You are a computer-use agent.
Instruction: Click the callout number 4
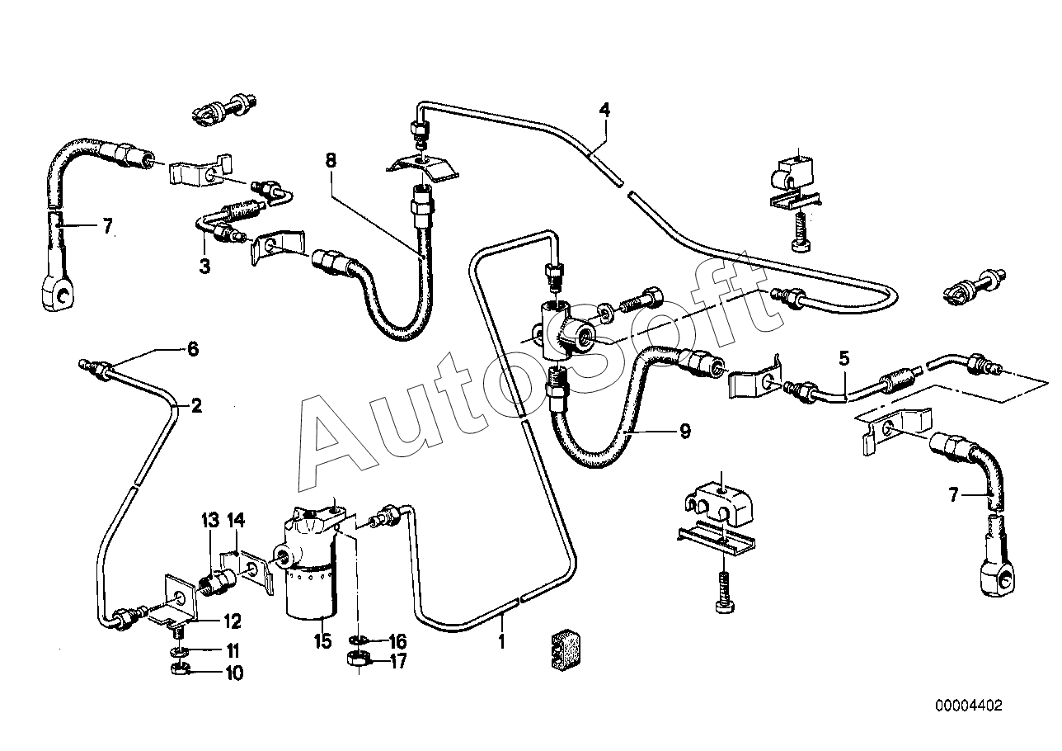coord(604,111)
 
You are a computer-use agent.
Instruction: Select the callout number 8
coord(331,160)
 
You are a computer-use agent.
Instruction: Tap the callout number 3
coord(204,267)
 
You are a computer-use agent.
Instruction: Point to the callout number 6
coord(192,350)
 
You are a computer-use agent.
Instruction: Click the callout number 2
coord(196,406)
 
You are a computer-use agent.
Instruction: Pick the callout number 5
coord(844,358)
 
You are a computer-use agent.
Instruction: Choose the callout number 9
coord(685,432)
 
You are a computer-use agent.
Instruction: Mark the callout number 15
coord(322,641)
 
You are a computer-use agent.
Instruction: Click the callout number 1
coord(501,641)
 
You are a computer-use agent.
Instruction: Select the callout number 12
coord(233,621)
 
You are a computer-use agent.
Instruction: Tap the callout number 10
coord(234,673)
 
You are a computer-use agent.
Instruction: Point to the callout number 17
coord(398,661)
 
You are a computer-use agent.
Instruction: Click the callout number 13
coord(210,521)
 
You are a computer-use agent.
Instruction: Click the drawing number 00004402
coord(969,706)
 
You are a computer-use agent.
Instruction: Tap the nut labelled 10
coord(180,669)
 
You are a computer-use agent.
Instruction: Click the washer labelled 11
coord(178,650)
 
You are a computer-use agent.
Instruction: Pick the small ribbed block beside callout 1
coord(566,650)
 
